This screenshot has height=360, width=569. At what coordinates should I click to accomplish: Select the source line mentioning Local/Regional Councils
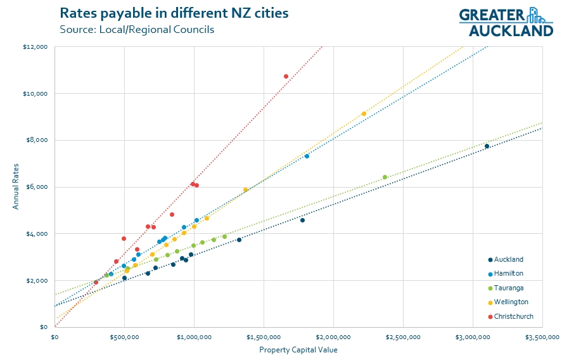(137, 30)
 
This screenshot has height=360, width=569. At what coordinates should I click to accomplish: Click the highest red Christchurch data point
(286, 76)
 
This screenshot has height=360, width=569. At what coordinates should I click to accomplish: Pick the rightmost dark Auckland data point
(487, 146)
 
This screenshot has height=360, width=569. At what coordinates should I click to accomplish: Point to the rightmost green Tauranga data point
(385, 177)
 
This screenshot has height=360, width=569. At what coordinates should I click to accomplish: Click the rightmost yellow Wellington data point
(364, 113)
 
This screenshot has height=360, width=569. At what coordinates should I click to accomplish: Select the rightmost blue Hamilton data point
(307, 156)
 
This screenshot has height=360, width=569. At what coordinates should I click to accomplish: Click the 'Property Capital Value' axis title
(298, 350)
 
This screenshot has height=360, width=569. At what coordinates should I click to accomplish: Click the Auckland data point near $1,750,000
(302, 220)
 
